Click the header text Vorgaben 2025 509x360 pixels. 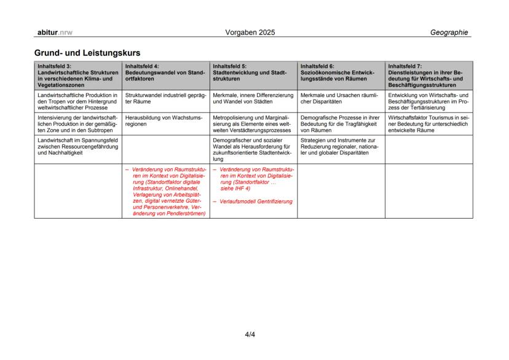(x=251, y=32)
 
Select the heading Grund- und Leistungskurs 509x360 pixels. (x=87, y=53)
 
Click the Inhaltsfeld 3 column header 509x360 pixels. (x=77, y=75)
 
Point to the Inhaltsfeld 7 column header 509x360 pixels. (x=428, y=75)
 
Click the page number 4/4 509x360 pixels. (x=250, y=335)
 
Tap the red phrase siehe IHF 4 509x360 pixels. (x=236, y=189)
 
